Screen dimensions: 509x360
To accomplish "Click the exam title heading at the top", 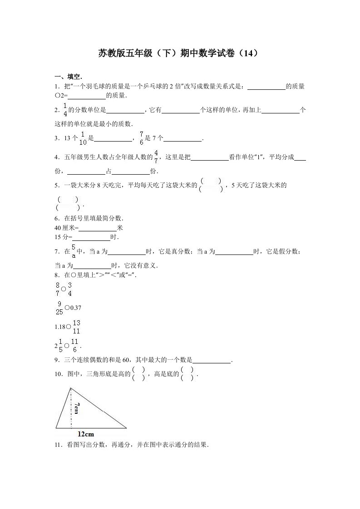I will point(179,54).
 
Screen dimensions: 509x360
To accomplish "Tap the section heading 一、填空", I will point(68,76).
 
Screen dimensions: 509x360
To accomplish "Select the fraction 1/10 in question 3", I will point(83,138).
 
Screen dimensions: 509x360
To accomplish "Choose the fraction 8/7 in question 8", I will point(58,289).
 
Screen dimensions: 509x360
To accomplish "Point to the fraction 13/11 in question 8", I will point(76,327).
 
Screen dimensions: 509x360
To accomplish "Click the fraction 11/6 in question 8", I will point(75,346).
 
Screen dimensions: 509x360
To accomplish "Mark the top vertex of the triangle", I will point(70,387).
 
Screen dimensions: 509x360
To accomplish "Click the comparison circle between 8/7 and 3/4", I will point(64,289).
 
